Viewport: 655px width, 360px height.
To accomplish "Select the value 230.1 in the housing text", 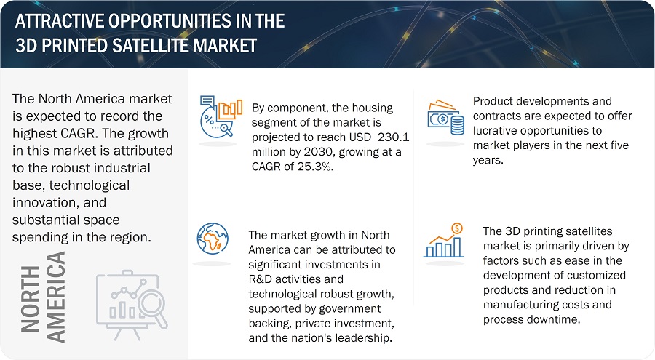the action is coord(394,137).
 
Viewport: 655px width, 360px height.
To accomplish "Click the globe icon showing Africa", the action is coord(213,239).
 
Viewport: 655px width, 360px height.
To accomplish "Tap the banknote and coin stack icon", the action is coord(445,117).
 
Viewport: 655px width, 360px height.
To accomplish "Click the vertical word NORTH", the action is coord(30,299).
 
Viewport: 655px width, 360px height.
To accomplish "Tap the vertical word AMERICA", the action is coord(55,297).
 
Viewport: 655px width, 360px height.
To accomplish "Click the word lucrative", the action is coord(496,130).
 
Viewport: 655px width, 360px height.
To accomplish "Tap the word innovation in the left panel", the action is coord(41,203).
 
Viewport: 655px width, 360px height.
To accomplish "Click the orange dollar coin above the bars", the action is coord(457,228).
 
